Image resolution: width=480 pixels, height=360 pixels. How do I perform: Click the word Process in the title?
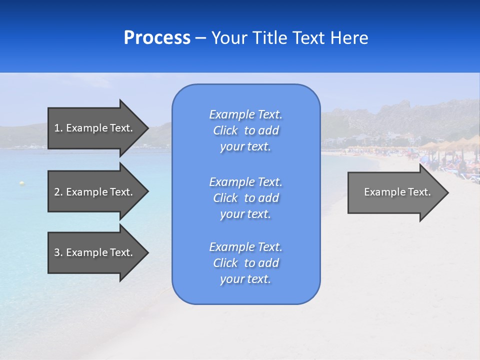click(157, 38)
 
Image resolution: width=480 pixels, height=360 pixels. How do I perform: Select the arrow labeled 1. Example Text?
click(95, 128)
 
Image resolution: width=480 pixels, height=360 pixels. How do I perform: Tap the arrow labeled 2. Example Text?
click(95, 192)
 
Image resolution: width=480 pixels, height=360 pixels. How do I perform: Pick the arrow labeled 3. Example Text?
click(95, 252)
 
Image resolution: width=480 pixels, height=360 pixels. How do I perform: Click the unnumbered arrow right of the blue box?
click(395, 192)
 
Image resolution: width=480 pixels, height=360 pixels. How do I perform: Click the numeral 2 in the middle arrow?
click(57, 192)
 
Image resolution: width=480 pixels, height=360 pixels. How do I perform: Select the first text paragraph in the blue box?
click(245, 130)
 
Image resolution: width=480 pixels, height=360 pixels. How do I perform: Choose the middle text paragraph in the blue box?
click(245, 197)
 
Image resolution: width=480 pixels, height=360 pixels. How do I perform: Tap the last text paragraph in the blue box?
click(245, 263)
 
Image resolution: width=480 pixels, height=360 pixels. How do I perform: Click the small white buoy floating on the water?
click(21, 183)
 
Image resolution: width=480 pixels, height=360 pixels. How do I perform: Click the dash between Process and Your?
click(200, 38)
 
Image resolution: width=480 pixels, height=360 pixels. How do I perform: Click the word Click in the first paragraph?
click(225, 130)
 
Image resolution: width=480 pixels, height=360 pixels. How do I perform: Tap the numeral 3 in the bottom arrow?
click(57, 252)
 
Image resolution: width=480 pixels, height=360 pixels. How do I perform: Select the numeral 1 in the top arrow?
click(56, 128)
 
